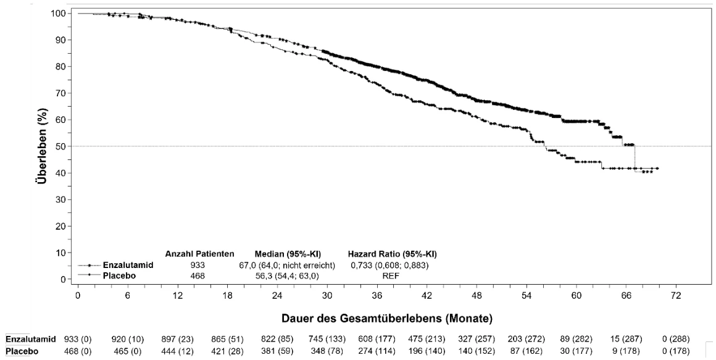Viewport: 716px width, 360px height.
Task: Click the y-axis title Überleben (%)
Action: [x=42, y=146]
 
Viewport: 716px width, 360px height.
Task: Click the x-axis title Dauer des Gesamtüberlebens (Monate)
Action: [x=387, y=319]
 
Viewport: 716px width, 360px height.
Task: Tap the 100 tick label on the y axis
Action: [x=57, y=13]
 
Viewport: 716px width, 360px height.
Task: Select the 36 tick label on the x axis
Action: [x=377, y=296]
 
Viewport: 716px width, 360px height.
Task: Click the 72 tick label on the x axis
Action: [x=676, y=296]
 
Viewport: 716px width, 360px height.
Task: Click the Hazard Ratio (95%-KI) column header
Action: [x=392, y=254]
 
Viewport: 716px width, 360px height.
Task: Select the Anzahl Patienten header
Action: [x=199, y=254]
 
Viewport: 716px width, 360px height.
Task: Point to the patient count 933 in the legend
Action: [x=199, y=265]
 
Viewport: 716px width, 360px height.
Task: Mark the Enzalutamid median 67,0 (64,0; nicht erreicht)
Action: [x=288, y=265]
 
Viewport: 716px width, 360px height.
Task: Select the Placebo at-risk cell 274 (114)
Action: [x=377, y=351]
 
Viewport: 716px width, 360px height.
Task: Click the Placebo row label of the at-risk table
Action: [x=22, y=351]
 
